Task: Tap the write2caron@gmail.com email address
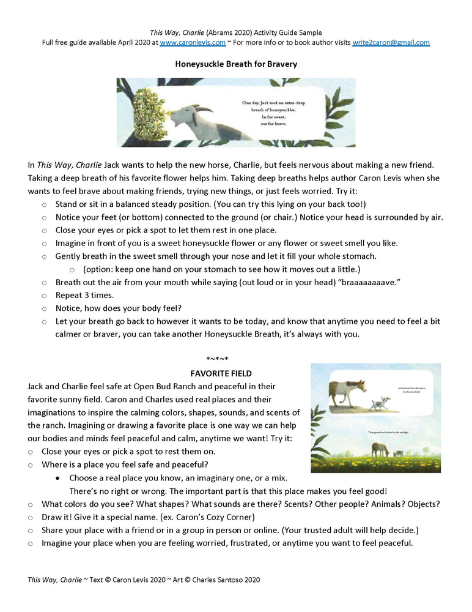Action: (391, 43)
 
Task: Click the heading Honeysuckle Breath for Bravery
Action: (235, 63)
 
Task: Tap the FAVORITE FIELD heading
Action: (221, 373)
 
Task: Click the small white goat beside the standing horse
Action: (383, 404)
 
